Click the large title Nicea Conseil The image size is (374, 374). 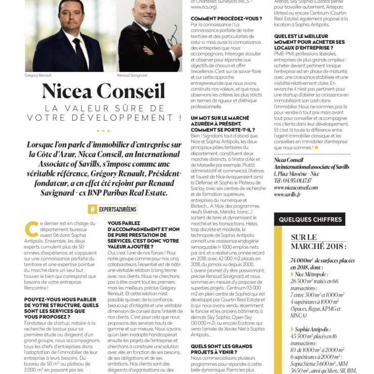103,91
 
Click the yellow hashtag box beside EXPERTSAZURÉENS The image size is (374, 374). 92,209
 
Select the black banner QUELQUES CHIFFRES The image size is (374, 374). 310,219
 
